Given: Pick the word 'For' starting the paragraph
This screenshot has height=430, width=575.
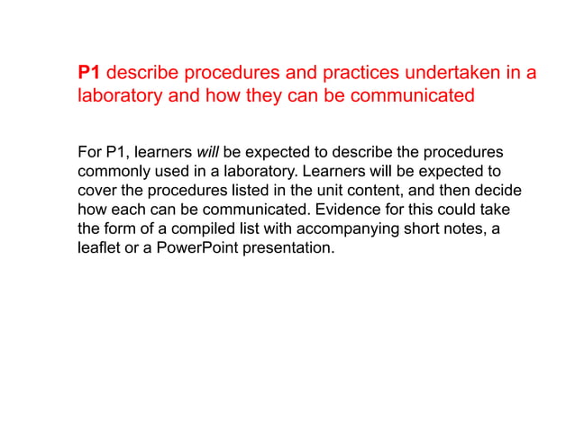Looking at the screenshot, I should tap(91, 151).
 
